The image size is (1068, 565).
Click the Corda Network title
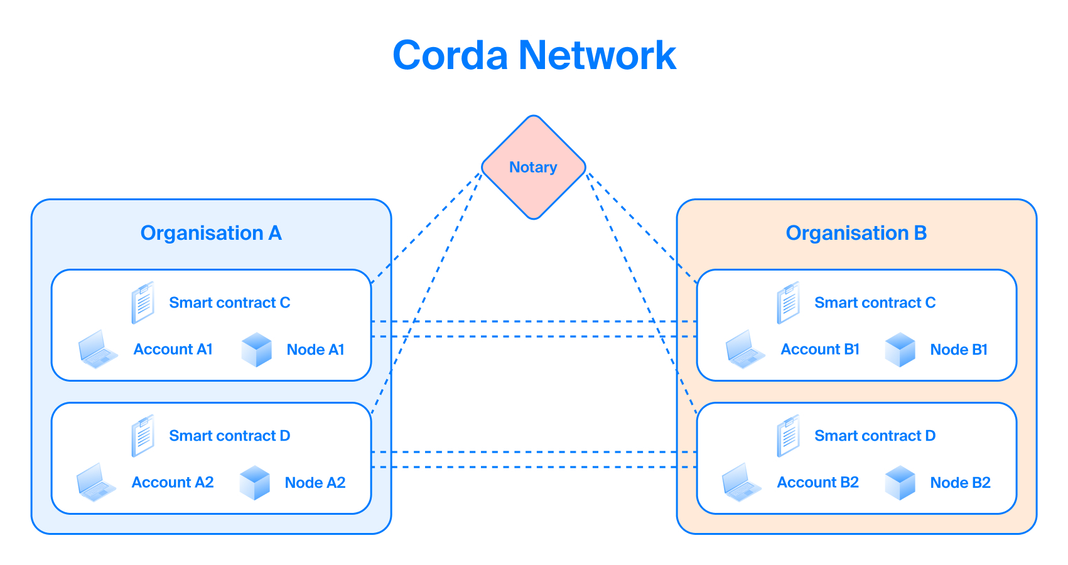click(x=534, y=55)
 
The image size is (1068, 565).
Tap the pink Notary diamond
click(x=534, y=168)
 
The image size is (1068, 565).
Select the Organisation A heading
click(x=211, y=233)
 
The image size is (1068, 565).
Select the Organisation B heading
click(x=856, y=233)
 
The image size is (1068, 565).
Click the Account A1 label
click(x=173, y=349)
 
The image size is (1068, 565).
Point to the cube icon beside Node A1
click(x=257, y=350)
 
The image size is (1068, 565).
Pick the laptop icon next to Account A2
click(x=97, y=482)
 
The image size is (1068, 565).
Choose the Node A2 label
click(x=315, y=482)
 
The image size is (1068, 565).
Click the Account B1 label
click(x=820, y=349)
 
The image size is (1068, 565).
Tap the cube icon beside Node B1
click(x=900, y=350)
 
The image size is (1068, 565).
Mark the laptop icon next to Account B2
click(x=742, y=482)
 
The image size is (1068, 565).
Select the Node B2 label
click(x=961, y=482)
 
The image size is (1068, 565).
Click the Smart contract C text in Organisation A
click(x=230, y=303)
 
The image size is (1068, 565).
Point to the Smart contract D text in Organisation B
click(x=875, y=436)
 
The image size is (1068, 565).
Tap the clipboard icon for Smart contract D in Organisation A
click(x=143, y=436)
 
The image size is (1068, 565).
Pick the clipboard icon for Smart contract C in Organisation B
click(x=788, y=303)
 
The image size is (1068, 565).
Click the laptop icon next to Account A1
click(x=98, y=349)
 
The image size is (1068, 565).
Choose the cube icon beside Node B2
click(x=900, y=483)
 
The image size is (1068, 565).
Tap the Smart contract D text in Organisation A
click(x=230, y=436)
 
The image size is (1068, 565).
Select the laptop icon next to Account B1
click(x=745, y=349)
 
